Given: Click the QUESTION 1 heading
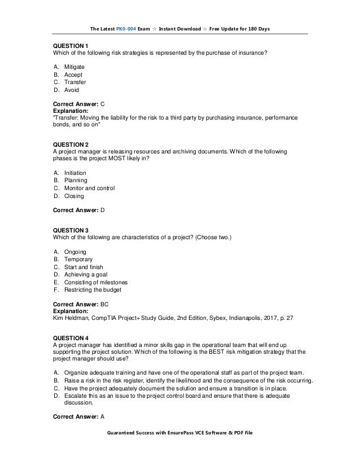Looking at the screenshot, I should coord(71,46).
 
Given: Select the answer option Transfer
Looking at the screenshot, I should coord(75,82).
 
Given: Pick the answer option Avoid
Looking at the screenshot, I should coord(72,90).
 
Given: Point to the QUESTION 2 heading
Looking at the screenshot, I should coord(71,144).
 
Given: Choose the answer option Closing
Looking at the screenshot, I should coord(73,196).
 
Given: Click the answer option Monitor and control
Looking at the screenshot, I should coord(89,188).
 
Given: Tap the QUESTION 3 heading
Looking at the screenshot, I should coord(71,230).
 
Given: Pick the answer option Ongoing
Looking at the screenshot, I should coord(75,251).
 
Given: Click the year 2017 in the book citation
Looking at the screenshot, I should coord(274,318).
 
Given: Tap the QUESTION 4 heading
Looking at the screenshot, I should coord(71,337).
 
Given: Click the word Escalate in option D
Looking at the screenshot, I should coord(77,396).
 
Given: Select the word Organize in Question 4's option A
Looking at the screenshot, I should coord(77,373).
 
